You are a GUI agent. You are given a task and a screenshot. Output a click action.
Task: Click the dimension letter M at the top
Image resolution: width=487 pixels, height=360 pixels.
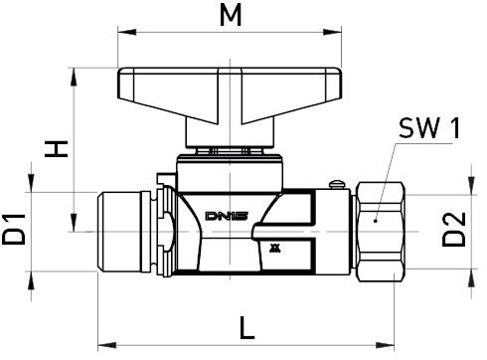[x=231, y=16]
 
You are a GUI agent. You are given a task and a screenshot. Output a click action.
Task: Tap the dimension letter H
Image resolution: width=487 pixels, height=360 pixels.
[x=57, y=149]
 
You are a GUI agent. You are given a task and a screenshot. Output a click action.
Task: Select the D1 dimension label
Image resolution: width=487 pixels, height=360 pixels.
[x=14, y=230]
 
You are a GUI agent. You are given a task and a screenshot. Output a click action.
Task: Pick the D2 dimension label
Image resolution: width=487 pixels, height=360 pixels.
[x=454, y=230]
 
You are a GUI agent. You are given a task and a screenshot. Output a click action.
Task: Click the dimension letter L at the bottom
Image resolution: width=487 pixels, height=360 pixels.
[x=247, y=328]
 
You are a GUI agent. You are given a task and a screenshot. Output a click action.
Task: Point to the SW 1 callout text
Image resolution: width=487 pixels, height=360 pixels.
[x=429, y=128]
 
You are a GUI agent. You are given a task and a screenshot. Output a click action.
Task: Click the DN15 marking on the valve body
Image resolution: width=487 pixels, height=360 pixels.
[x=227, y=216]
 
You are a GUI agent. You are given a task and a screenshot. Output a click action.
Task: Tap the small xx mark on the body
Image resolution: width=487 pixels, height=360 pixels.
[x=275, y=249]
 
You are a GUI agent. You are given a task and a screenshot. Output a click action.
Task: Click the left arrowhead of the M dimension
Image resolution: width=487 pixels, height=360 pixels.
[x=127, y=32]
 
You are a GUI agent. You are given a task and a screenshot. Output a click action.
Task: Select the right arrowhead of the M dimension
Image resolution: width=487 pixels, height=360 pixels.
[x=332, y=32]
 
